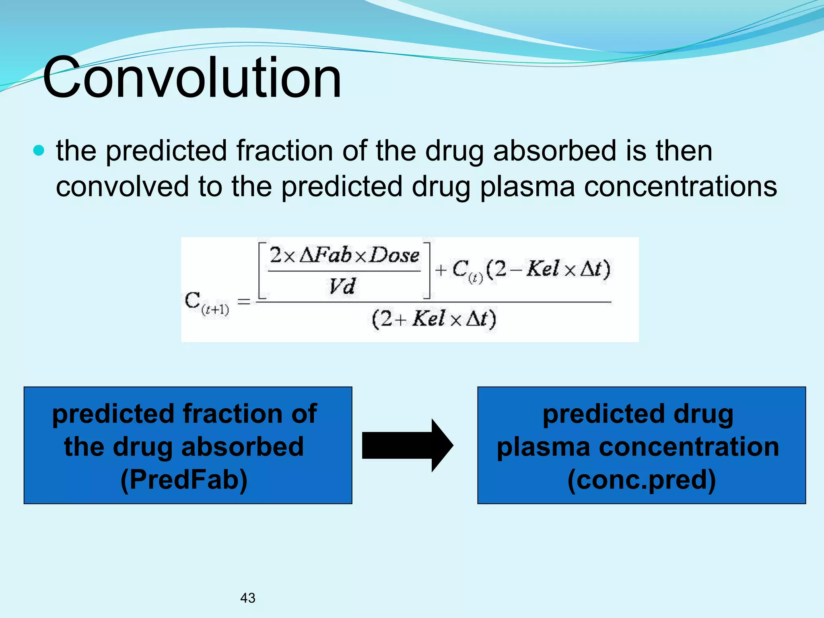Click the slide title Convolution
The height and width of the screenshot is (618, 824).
click(192, 77)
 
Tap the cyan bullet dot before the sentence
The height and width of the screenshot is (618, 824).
click(39, 151)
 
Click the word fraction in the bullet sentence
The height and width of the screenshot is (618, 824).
click(284, 151)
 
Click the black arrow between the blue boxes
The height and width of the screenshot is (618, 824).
click(407, 445)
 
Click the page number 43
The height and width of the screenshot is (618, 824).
click(247, 598)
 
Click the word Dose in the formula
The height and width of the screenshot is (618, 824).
click(394, 255)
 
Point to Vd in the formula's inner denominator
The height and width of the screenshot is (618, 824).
click(342, 286)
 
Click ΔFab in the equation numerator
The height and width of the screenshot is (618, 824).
click(326, 255)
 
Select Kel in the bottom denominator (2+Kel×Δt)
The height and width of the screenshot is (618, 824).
click(428, 319)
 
